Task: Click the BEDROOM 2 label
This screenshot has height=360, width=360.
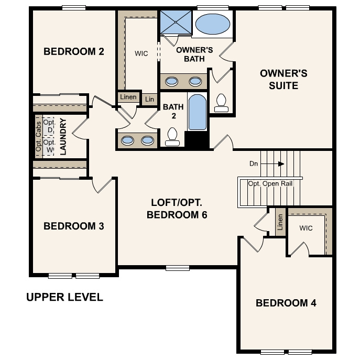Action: (x=73, y=51)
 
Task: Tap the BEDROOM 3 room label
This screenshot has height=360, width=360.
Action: (x=73, y=226)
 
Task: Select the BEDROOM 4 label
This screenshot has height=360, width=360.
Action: (x=286, y=303)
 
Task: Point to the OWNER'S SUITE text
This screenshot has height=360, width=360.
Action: (x=283, y=79)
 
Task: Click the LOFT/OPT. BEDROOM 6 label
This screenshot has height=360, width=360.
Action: (x=177, y=209)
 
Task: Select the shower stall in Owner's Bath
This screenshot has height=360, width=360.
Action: (x=175, y=23)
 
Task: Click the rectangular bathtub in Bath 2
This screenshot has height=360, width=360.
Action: (x=198, y=112)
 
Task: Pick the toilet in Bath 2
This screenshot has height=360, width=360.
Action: (x=172, y=137)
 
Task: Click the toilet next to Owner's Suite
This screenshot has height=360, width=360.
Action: (x=221, y=102)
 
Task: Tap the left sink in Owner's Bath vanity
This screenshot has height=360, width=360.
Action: (x=171, y=81)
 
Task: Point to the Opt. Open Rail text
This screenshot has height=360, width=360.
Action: (x=269, y=183)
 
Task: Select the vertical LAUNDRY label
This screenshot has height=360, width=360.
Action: (x=63, y=136)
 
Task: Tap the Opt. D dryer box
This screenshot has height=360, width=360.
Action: (x=49, y=126)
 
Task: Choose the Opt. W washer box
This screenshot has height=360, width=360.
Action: (x=49, y=146)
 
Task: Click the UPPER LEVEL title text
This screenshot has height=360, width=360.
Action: (x=64, y=298)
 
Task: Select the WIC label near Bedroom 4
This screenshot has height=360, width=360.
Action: (x=306, y=228)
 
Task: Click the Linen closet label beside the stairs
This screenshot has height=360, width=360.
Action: (x=280, y=222)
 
